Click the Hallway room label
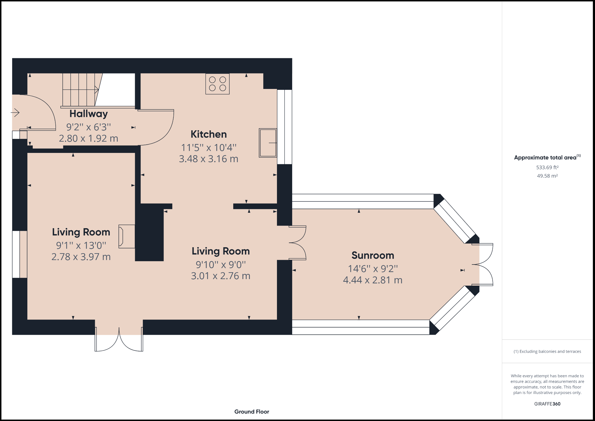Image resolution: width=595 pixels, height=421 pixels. (89, 114)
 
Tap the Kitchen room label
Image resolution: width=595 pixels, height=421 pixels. (209, 134)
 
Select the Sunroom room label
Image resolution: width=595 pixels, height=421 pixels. (373, 255)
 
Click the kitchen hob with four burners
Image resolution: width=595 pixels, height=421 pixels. (217, 84)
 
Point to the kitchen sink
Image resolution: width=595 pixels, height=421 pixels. (268, 143)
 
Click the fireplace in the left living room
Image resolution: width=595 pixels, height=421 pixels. (127, 236)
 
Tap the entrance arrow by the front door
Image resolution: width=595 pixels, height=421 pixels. (15, 112)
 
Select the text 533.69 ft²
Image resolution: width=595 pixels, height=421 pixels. (547, 168)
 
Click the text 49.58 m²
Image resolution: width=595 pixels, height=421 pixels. (547, 176)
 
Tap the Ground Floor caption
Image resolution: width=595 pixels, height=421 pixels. (252, 411)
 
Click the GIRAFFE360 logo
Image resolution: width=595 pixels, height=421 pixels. (547, 404)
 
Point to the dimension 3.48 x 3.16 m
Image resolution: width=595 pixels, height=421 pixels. (209, 159)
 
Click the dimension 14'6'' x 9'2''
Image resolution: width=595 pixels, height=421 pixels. (373, 269)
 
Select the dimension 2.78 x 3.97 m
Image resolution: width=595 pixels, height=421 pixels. (81, 257)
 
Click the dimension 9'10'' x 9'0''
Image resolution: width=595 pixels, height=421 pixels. (221, 265)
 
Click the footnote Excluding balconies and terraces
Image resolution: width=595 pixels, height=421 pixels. (547, 351)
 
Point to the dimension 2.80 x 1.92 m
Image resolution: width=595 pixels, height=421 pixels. (89, 138)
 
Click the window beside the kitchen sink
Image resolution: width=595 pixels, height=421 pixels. (285, 127)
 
